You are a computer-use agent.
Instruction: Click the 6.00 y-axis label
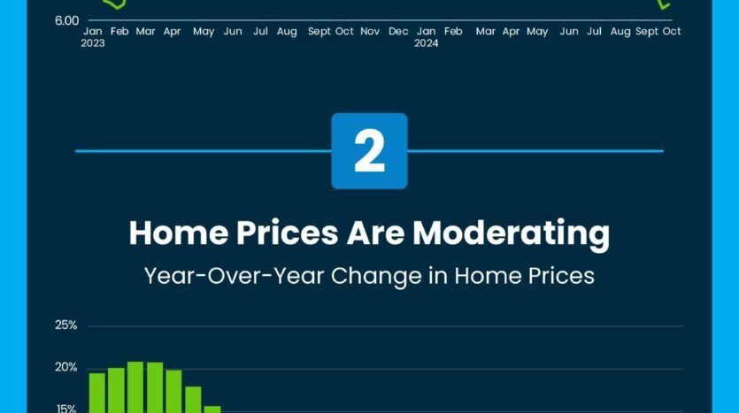pyautogui.click(x=67, y=20)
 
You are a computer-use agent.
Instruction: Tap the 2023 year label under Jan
pyautogui.click(x=93, y=43)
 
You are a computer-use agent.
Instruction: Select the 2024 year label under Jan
pyautogui.click(x=426, y=43)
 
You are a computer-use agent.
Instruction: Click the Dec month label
pyautogui.click(x=398, y=32)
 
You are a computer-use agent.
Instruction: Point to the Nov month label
pyautogui.click(x=370, y=32)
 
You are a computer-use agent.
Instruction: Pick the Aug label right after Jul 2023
pyautogui.click(x=287, y=32)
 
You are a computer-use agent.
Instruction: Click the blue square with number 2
pyautogui.click(x=370, y=150)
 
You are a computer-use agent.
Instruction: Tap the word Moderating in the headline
pyautogui.click(x=511, y=233)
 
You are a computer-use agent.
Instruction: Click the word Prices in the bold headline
pyautogui.click(x=287, y=233)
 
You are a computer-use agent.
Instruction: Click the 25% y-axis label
pyautogui.click(x=66, y=325)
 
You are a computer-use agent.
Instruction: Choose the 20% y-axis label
pyautogui.click(x=66, y=367)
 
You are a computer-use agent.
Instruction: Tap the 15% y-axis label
pyautogui.click(x=66, y=409)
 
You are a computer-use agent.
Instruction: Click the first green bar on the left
pyautogui.click(x=97, y=394)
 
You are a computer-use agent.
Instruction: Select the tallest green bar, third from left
pyautogui.click(x=135, y=387)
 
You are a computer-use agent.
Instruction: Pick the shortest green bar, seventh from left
pyautogui.click(x=212, y=409)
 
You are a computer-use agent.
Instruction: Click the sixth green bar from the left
pyautogui.click(x=193, y=400)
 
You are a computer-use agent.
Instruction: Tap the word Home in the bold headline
pyautogui.click(x=179, y=233)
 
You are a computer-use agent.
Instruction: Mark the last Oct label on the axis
pyautogui.click(x=672, y=32)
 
